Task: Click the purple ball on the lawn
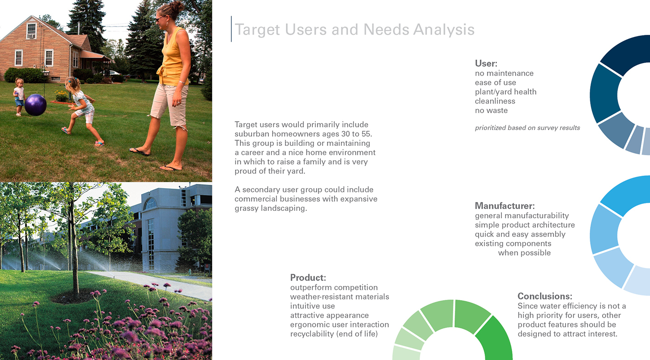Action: click(x=35, y=105)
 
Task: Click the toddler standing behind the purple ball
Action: click(x=19, y=96)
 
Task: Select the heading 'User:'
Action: click(x=486, y=64)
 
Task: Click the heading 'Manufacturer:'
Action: click(x=505, y=206)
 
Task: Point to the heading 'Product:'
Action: click(x=308, y=278)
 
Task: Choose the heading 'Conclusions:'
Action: click(x=545, y=296)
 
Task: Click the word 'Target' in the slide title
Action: click(x=257, y=30)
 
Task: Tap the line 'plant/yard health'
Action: click(x=506, y=92)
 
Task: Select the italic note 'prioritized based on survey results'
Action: click(x=527, y=128)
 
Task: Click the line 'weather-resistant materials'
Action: click(x=339, y=297)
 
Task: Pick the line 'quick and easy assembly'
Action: click(x=520, y=234)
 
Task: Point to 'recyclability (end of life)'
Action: click(x=333, y=334)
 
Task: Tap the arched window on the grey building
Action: click(x=150, y=203)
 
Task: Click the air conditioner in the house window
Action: click(x=31, y=35)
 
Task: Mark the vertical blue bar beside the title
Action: click(x=231, y=29)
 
